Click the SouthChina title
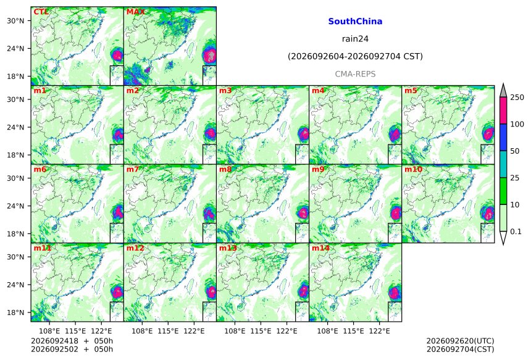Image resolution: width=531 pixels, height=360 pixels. click(x=355, y=22)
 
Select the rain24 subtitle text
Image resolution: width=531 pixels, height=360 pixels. click(x=355, y=39)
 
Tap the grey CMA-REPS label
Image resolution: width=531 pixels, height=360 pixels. click(x=355, y=74)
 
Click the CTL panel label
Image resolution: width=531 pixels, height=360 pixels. click(x=41, y=12)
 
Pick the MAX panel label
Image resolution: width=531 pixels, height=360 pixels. click(x=135, y=12)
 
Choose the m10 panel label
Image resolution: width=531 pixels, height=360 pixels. click(x=413, y=169)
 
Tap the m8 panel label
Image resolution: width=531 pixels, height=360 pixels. click(x=225, y=169)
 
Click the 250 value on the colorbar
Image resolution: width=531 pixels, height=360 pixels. click(x=517, y=98)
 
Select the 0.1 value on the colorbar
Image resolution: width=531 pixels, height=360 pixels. click(x=516, y=232)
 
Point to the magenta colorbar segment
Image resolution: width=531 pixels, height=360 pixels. click(x=503, y=111)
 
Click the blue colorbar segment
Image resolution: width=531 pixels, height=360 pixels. click(x=503, y=137)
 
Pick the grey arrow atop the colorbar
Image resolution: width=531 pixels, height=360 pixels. click(x=503, y=91)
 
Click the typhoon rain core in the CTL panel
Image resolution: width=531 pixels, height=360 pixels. click(x=117, y=55)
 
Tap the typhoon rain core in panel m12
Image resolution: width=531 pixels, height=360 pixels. click(x=211, y=291)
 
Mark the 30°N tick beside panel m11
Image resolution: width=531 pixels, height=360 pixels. click(x=15, y=257)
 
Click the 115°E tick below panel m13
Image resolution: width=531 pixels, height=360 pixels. click(x=261, y=330)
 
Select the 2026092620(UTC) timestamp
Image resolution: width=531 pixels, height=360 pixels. click(x=460, y=341)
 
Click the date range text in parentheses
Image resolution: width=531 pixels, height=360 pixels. click(x=355, y=56)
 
